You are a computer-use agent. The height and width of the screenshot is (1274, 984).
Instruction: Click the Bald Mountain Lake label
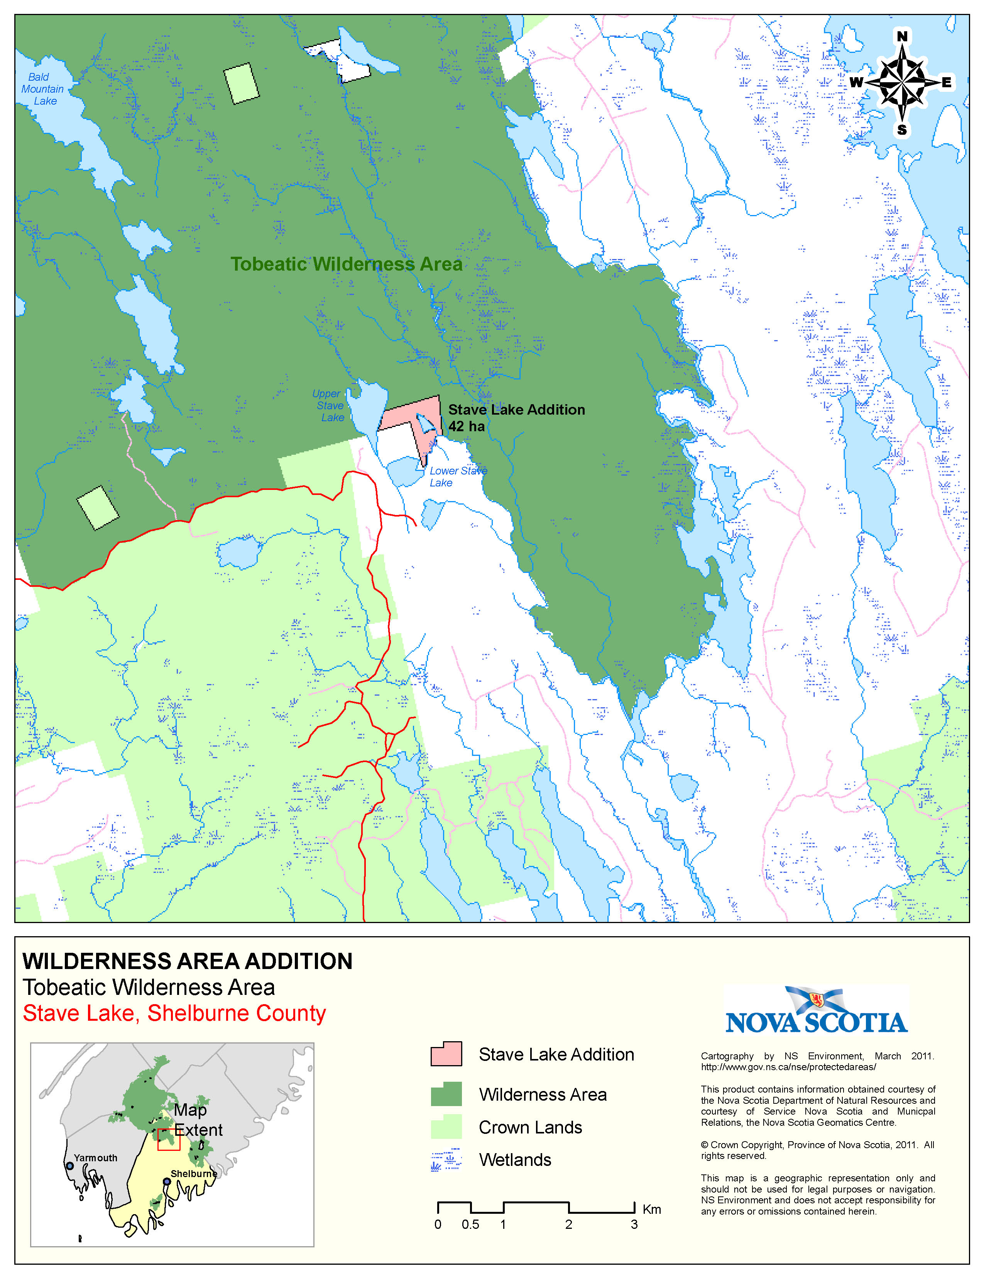pos(42,89)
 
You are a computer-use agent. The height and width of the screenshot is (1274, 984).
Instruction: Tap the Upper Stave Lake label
pos(330,405)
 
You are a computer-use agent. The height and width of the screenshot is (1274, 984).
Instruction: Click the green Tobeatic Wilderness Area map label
pos(346,264)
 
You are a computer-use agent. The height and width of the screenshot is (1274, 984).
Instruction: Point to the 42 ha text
pos(467,427)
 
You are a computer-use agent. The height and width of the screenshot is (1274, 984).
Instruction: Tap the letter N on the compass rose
pos(902,37)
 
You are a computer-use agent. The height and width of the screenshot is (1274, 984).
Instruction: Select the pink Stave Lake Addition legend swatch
pos(446,1054)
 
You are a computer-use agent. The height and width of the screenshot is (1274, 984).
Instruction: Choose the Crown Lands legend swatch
pos(446,1127)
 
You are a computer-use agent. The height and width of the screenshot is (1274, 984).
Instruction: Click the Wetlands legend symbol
pos(446,1160)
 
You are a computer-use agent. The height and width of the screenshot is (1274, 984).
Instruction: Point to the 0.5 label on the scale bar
pos(470,1225)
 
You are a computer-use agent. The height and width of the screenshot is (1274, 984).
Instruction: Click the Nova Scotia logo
pos(816,1010)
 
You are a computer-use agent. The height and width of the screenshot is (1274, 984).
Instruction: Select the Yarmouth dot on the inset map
pos(70,1166)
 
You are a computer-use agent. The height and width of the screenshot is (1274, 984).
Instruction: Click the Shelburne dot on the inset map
pos(167,1181)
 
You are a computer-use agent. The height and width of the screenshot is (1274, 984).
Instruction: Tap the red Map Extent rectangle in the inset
pos(169,1139)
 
